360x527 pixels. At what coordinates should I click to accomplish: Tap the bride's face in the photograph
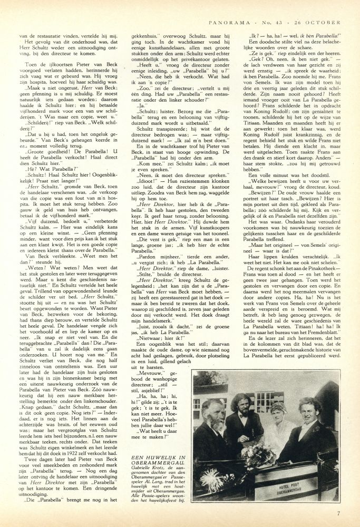280,412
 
